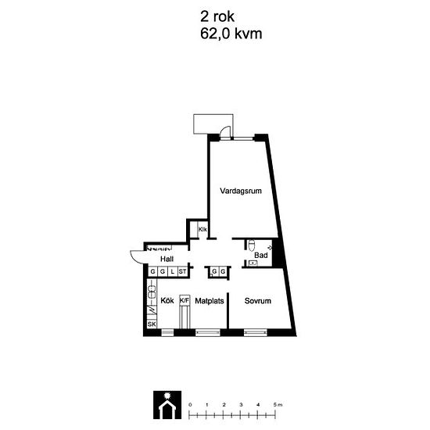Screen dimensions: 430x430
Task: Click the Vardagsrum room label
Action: click(241, 191)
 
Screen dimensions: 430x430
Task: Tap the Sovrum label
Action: click(258, 301)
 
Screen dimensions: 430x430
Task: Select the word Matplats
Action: click(210, 301)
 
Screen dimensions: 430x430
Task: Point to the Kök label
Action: click(167, 300)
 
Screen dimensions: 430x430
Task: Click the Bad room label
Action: click(261, 256)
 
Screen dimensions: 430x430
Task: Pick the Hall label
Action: click(167, 259)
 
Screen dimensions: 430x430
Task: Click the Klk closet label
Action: click(202, 229)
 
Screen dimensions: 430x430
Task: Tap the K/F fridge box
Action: click(185, 300)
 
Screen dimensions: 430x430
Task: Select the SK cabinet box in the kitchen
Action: click(152, 324)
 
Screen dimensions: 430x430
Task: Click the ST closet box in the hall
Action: click(183, 271)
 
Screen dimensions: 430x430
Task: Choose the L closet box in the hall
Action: click(173, 271)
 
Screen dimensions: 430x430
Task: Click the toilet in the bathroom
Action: click(251, 245)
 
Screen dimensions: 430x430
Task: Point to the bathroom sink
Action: click(253, 263)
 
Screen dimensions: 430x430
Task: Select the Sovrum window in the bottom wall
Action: click(255, 332)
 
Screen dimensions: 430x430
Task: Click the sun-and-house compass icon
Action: click(167, 405)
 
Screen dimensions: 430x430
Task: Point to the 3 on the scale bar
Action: click(241, 404)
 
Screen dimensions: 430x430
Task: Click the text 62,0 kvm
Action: click(231, 34)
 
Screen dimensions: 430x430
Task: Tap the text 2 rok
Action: click(217, 16)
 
